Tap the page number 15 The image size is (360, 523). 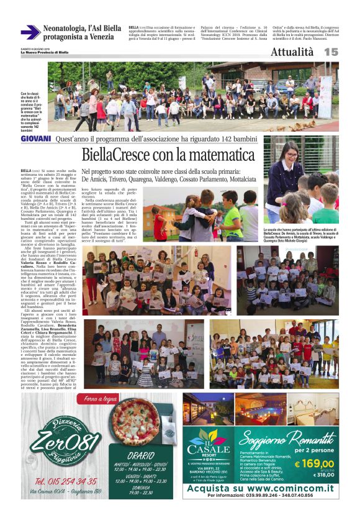pos(331,53)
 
